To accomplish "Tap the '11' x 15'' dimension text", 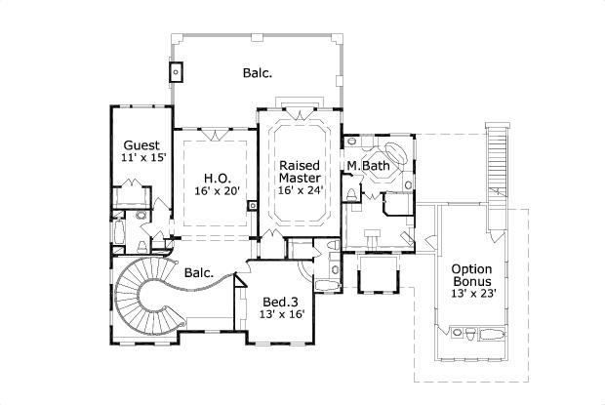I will (143, 156).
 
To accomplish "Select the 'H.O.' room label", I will (217, 178).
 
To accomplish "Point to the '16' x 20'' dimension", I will (217, 192).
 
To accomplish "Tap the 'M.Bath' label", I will (369, 167).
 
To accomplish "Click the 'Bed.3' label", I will (281, 302).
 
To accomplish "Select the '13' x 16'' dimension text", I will (281, 315).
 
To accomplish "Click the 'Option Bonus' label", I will (471, 276).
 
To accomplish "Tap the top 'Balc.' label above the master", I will (258, 72).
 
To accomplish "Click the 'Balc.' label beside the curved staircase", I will (199, 273).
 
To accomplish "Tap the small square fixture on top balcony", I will (178, 71).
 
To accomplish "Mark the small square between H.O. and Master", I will (252, 205).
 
